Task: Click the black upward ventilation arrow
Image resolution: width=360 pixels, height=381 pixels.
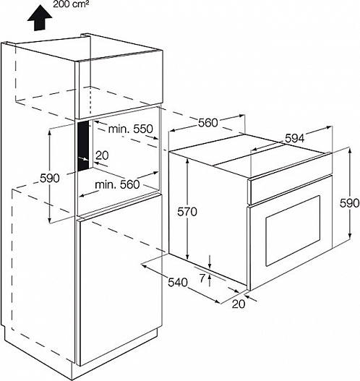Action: [40, 20]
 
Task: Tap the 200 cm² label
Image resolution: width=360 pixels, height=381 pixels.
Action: [71, 4]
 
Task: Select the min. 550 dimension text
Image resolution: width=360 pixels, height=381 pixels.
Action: [130, 129]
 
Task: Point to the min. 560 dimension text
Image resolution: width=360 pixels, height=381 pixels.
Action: [117, 184]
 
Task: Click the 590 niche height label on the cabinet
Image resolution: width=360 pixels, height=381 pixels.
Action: [50, 179]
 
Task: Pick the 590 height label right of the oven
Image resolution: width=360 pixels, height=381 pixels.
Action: [350, 203]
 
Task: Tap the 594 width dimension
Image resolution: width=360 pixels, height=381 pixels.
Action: [295, 139]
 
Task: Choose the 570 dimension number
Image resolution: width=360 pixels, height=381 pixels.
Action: [187, 212]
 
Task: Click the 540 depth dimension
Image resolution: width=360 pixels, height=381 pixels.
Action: [178, 283]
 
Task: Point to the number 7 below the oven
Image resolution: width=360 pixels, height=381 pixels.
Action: [202, 278]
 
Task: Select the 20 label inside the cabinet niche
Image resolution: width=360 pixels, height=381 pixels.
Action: [102, 155]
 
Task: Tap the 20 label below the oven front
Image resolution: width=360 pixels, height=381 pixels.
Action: [239, 304]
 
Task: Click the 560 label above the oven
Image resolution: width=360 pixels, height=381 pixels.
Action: [208, 123]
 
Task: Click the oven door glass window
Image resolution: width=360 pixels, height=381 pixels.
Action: [293, 231]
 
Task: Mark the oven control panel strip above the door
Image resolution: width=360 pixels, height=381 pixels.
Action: [290, 189]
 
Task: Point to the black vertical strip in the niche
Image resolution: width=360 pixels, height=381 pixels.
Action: [83, 146]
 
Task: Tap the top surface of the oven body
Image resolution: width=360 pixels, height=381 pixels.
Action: [250, 155]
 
